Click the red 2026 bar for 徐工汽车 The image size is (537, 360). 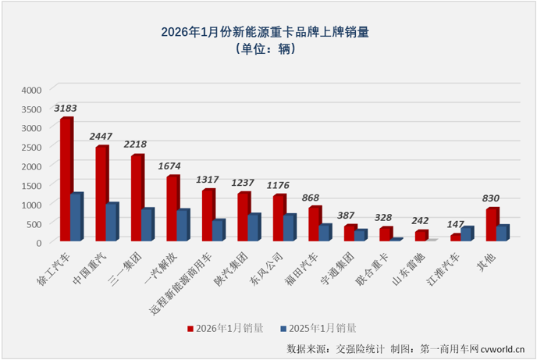(66, 180)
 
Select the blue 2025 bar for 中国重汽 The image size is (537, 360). (112, 222)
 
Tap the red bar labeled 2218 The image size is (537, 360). (137, 198)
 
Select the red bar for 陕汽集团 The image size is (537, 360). (244, 216)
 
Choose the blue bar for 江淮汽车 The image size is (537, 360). (467, 233)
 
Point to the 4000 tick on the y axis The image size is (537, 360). (30, 90)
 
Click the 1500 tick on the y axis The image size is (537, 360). (30, 185)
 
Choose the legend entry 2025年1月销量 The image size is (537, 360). (329, 328)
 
